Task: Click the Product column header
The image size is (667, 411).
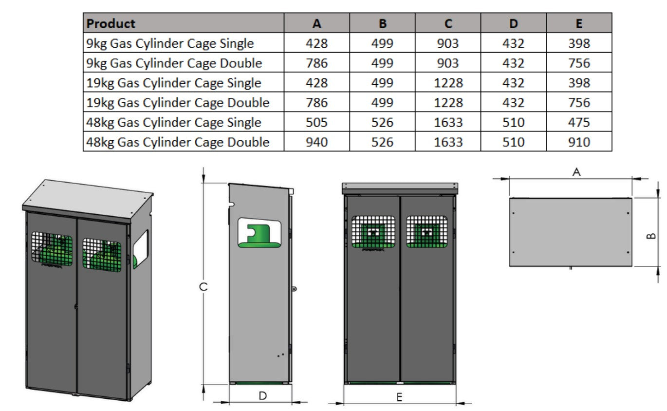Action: (111, 23)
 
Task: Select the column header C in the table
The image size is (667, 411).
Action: (448, 23)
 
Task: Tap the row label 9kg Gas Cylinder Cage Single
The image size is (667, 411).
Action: (170, 43)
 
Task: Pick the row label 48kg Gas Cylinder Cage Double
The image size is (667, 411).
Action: (178, 142)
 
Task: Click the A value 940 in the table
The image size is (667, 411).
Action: (316, 142)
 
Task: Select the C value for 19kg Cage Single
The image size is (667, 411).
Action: (448, 83)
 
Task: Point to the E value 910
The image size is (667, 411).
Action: (579, 142)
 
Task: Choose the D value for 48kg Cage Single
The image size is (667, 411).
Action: (513, 122)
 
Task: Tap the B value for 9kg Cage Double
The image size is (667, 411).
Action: (382, 63)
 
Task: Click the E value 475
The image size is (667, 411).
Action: (579, 122)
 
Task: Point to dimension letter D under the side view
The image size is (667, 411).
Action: (262, 396)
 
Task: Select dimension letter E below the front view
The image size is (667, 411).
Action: (399, 397)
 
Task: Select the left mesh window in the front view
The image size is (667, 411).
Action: (373, 232)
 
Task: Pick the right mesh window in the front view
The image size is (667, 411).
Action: (427, 232)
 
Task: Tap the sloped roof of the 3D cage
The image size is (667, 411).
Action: (88, 200)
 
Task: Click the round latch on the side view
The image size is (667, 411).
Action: (295, 289)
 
